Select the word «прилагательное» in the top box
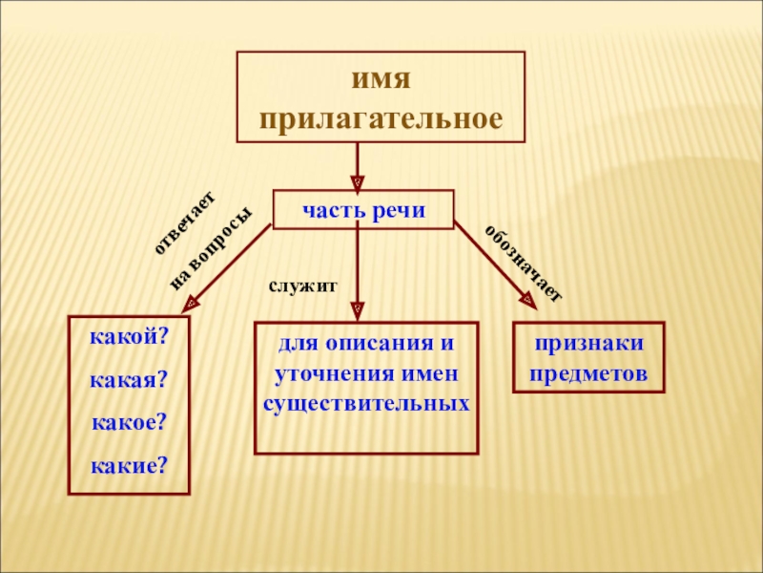click(x=381, y=119)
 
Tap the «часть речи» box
click(x=363, y=209)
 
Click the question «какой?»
click(x=129, y=339)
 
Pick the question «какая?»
click(x=129, y=381)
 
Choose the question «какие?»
click(x=129, y=465)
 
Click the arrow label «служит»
click(x=302, y=286)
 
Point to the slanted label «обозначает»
click(x=524, y=263)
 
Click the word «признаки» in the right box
click(x=588, y=343)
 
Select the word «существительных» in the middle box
click(x=366, y=403)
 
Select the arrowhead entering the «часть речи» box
click(x=357, y=180)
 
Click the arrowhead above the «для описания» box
click(x=357, y=310)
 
